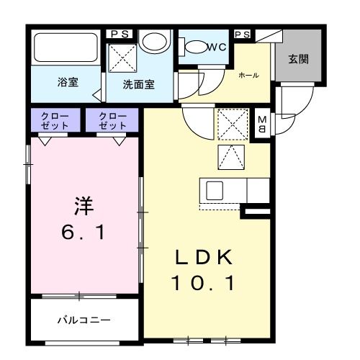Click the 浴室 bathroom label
point(68,82)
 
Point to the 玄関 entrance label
point(299,58)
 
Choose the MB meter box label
point(263,124)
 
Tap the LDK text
point(202,258)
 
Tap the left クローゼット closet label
point(55,120)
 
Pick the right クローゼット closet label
point(112,120)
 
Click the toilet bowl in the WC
point(195,47)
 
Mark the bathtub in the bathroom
point(66,49)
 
